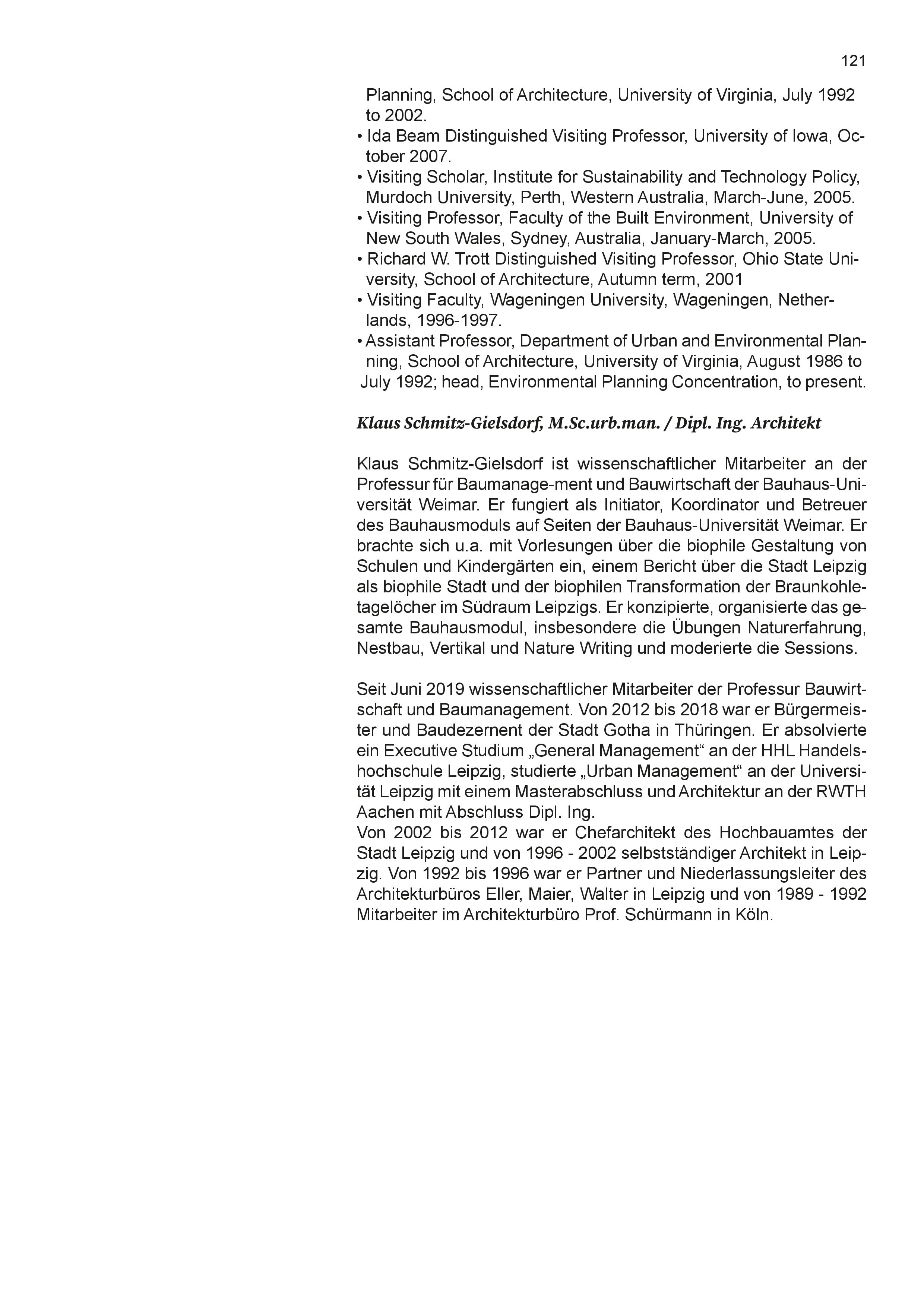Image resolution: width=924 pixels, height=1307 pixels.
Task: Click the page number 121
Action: tap(854, 61)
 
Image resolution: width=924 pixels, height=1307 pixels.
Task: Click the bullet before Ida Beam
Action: tap(360, 137)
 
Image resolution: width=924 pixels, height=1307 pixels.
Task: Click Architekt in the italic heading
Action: tap(787, 424)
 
